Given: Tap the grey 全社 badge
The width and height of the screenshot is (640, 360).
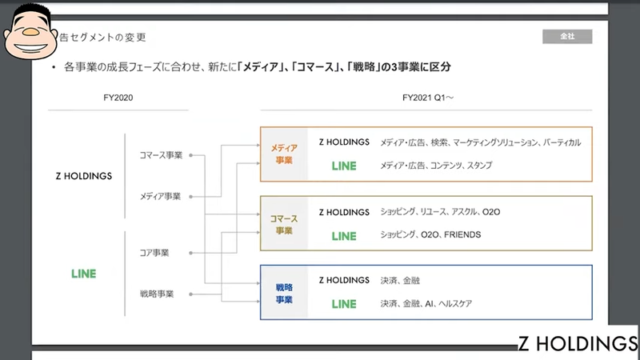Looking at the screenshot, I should tap(567, 36).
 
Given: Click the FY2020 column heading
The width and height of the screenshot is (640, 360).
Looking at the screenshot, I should tap(118, 98).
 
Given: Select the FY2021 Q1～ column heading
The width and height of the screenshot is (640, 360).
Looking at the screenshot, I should tap(426, 98).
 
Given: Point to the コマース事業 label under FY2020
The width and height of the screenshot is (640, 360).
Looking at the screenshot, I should tap(160, 155).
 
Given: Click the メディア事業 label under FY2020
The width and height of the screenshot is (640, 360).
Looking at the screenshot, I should tap(160, 195).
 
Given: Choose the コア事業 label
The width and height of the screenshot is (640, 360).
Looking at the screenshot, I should tap(154, 253).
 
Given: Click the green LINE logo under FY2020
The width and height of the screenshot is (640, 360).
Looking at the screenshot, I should tap(83, 274).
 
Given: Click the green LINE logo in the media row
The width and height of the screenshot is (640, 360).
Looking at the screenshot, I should tap(344, 166).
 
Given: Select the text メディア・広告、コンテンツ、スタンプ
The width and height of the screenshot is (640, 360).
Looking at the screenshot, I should tap(436, 166).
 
